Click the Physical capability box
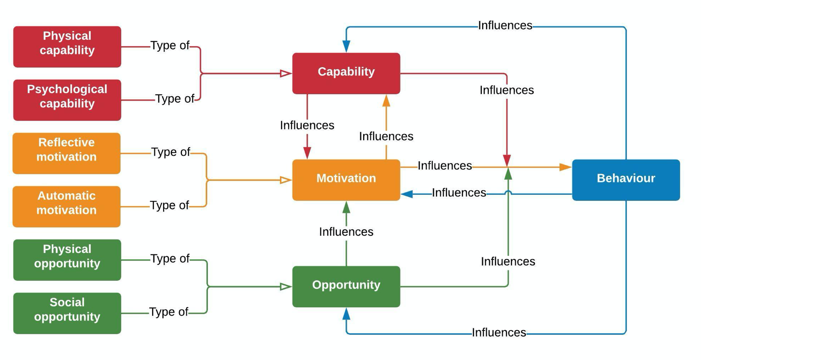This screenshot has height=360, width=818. click(67, 47)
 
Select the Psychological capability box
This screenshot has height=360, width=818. click(67, 100)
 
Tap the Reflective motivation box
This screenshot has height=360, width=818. click(67, 153)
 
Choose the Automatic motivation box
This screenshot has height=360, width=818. click(67, 207)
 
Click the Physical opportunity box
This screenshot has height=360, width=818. click(67, 260)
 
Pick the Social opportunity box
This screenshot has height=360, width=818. click(67, 313)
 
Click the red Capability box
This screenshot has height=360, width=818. click(346, 73)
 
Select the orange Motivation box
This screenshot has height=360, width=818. click(346, 180)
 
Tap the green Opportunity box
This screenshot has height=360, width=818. click(346, 286)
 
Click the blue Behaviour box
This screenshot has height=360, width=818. click(626, 180)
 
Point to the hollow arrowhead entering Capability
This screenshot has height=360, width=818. click(285, 74)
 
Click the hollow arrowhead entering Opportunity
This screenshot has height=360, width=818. click(285, 287)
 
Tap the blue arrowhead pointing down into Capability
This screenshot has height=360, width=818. click(346, 46)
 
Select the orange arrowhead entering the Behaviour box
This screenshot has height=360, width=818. click(565, 167)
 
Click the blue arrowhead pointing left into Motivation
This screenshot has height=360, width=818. click(407, 194)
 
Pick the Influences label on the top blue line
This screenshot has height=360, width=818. click(505, 25)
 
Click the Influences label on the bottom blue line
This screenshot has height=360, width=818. click(499, 333)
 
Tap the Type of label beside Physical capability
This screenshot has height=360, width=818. click(170, 45)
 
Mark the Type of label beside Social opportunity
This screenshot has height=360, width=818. click(169, 312)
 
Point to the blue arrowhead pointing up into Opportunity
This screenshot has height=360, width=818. click(346, 314)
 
